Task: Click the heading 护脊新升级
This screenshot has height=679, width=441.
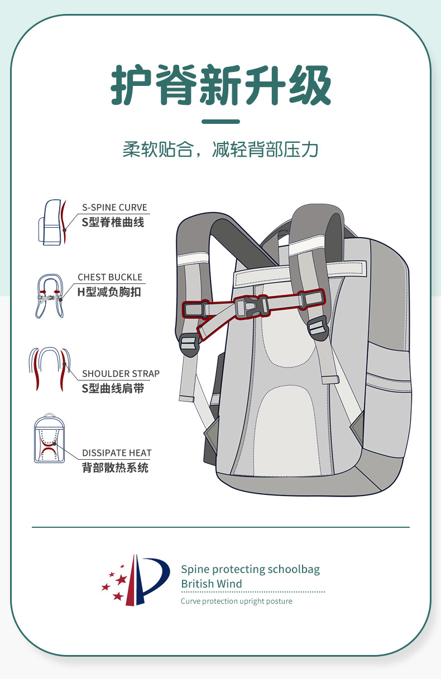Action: (220, 85)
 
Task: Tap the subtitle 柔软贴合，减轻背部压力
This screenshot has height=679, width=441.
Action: (220, 150)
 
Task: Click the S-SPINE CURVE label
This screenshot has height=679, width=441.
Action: (114, 208)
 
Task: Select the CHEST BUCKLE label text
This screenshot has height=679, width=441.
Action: (110, 277)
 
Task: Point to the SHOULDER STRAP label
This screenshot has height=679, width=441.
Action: (121, 374)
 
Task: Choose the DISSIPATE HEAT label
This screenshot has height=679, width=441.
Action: (117, 453)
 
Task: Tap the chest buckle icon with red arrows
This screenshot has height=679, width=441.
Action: (50, 296)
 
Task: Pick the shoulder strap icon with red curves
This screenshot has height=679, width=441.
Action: (50, 368)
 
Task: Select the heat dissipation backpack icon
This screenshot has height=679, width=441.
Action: (47, 439)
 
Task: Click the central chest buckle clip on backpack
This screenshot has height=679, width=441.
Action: (249, 307)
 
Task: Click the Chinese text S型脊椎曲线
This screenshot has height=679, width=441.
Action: (113, 222)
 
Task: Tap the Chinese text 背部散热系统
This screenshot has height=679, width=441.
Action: (115, 468)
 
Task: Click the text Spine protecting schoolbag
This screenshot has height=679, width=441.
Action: (250, 569)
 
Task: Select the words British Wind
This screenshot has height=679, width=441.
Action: (211, 584)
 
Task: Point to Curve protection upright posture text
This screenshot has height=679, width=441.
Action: (236, 601)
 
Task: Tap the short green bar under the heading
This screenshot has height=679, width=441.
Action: (220, 122)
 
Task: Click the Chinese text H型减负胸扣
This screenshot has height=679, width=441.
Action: (109, 291)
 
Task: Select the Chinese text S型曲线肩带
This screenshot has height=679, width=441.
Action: (113, 388)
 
